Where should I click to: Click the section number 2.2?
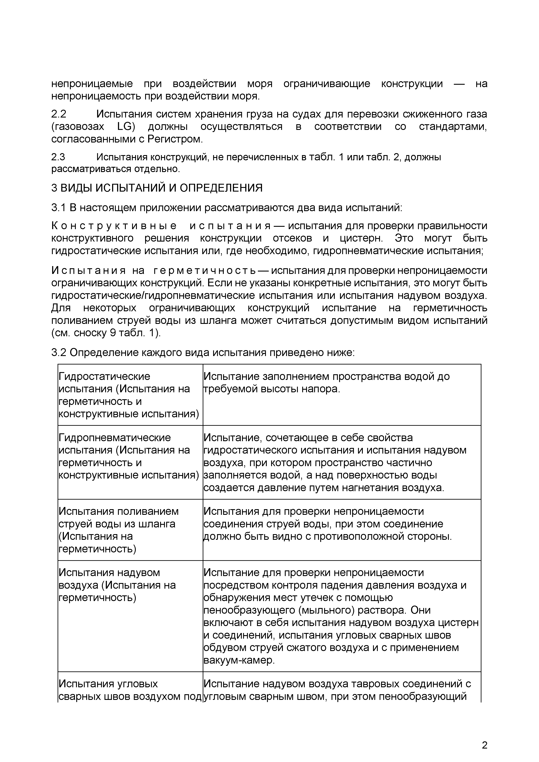[x=58, y=114]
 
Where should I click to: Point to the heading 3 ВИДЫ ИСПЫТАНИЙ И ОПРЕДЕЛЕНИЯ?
[x=157, y=188]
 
